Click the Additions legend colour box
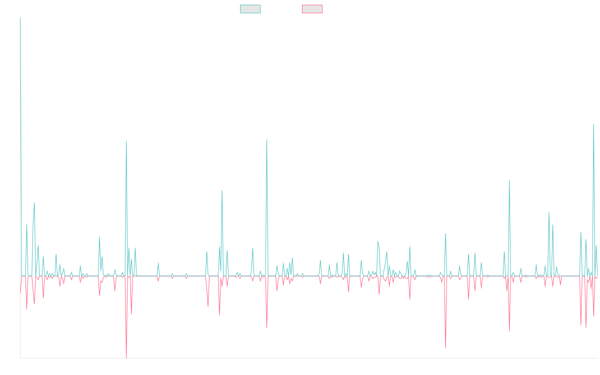250,9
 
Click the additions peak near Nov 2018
126,141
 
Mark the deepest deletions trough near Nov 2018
126,357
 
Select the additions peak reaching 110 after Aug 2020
267,140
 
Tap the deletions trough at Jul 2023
445,348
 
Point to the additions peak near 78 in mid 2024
509,180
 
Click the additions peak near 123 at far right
593,124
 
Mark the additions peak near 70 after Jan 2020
222,190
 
